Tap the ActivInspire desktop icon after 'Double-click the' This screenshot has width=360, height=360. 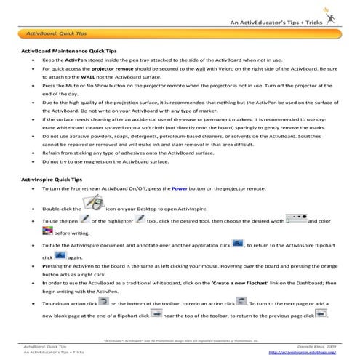(x=97, y=206)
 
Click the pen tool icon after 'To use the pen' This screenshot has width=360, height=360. (x=86, y=219)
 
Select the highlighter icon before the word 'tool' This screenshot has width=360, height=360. (x=141, y=219)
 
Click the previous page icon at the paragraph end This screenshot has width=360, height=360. (x=321, y=313)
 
